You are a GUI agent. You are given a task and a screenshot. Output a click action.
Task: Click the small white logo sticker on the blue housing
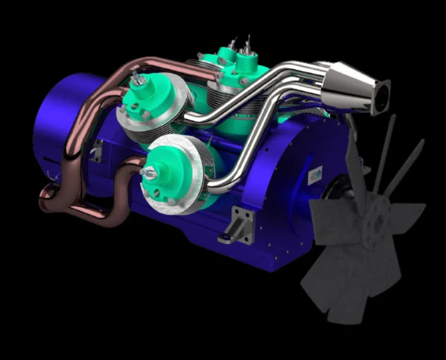(315, 175)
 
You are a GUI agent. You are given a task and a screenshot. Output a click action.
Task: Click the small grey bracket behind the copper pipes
(96, 150)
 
